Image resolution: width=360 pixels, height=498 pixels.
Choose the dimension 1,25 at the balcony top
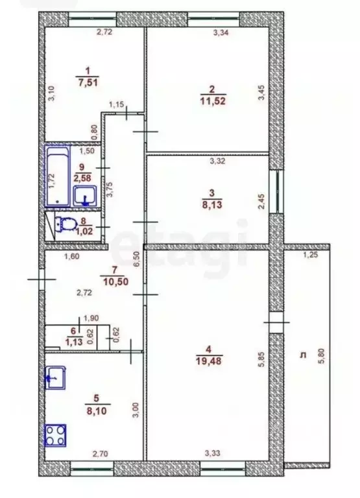pos(312,257)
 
